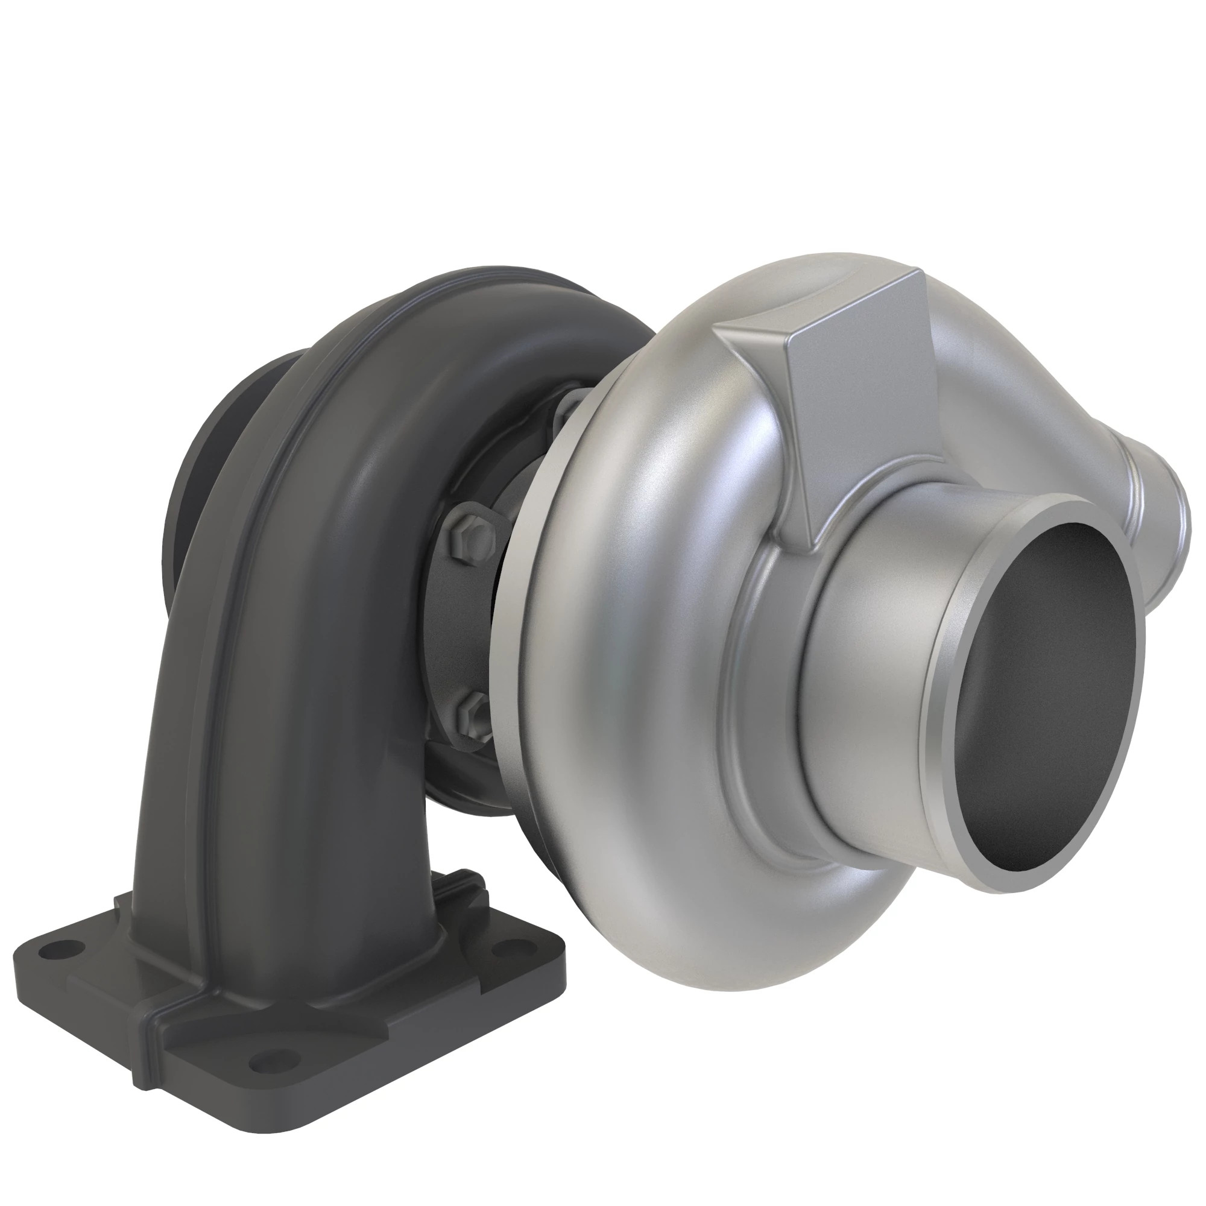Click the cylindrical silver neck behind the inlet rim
(855, 624)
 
